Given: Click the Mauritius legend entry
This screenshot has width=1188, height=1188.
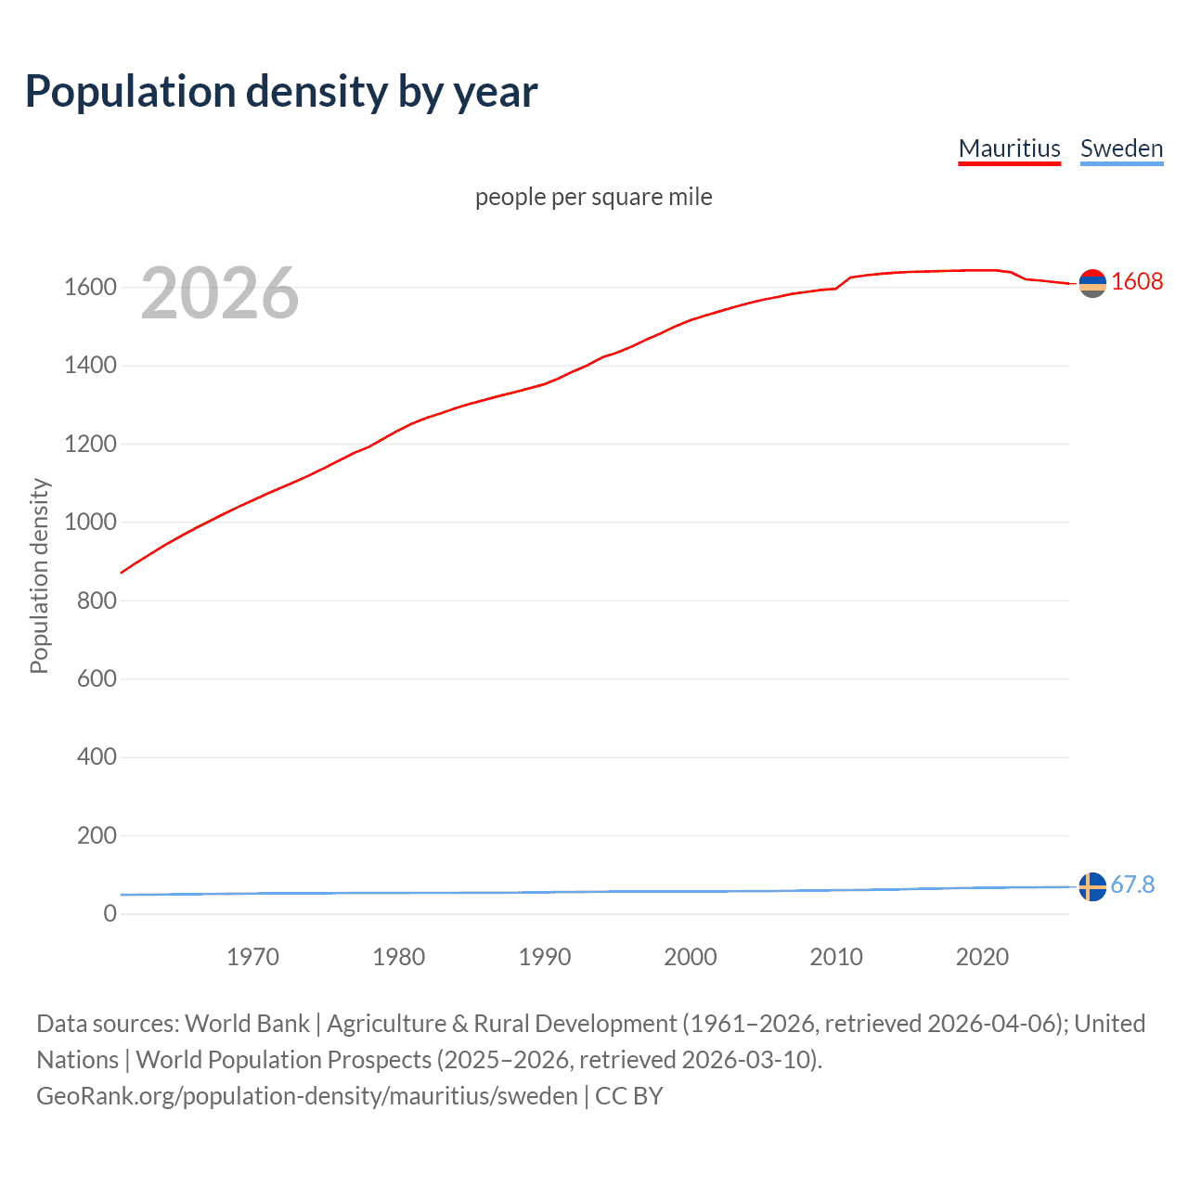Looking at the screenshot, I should click(1009, 148).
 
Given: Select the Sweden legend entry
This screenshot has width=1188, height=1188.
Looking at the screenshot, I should click(1121, 148).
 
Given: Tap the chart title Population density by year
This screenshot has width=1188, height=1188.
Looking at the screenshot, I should click(281, 91).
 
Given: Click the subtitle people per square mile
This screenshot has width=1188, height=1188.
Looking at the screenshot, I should click(593, 197).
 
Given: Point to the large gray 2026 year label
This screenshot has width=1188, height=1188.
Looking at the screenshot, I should click(220, 293).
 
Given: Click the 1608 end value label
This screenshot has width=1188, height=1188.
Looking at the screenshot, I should click(1136, 281).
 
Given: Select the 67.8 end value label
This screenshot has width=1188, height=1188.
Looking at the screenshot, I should click(1132, 885).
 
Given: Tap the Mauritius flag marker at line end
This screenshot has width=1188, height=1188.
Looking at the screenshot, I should click(1092, 283).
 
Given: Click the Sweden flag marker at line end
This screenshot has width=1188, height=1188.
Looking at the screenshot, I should click(1092, 886).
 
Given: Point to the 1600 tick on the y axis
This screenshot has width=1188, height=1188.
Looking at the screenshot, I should click(90, 287).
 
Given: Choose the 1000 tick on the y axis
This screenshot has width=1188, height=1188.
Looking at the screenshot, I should click(90, 522).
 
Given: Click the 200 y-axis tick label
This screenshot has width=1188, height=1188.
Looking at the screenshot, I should click(97, 835).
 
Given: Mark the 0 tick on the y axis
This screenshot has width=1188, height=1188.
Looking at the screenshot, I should click(110, 913).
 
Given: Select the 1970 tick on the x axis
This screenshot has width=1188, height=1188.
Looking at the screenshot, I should click(252, 957).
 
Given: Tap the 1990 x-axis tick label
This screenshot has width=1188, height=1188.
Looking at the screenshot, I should click(545, 957).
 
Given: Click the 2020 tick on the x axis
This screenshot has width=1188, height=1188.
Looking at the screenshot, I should click(982, 957).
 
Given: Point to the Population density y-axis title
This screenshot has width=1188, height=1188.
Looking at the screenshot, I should click(39, 575).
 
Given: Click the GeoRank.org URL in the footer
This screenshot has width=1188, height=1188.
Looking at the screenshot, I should click(307, 1096).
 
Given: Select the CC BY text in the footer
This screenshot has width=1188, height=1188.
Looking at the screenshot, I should click(628, 1096).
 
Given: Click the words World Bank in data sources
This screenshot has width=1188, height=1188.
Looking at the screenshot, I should click(247, 1024).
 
